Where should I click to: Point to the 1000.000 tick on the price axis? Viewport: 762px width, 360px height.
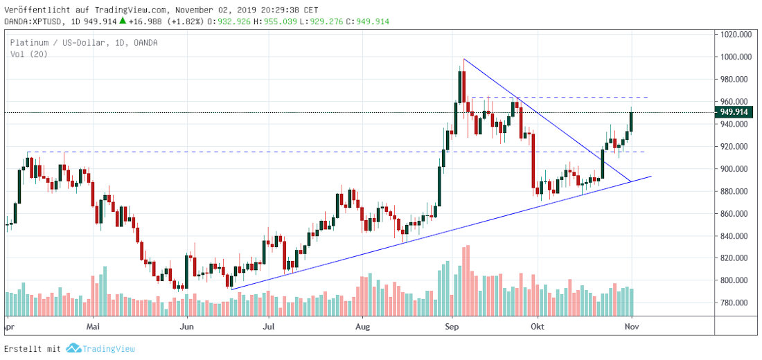pyautogui.click(x=736, y=57)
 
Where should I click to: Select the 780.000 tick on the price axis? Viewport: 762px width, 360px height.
pyautogui.click(x=736, y=303)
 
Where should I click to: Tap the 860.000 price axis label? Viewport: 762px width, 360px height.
pyautogui.click(x=736, y=213)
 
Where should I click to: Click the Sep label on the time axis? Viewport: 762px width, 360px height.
pyautogui.click(x=452, y=325)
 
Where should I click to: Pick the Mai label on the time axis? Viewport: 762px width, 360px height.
pyautogui.click(x=94, y=325)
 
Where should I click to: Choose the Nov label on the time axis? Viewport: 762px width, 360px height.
pyautogui.click(x=631, y=325)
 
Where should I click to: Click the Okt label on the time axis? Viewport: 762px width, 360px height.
pyautogui.click(x=538, y=325)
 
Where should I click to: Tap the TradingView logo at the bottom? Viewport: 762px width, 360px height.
pyautogui.click(x=100, y=349)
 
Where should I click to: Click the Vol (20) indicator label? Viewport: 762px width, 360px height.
pyautogui.click(x=28, y=54)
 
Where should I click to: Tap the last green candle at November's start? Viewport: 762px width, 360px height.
pyautogui.click(x=631, y=121)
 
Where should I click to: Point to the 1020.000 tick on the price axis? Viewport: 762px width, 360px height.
pyautogui.click(x=736, y=34)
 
